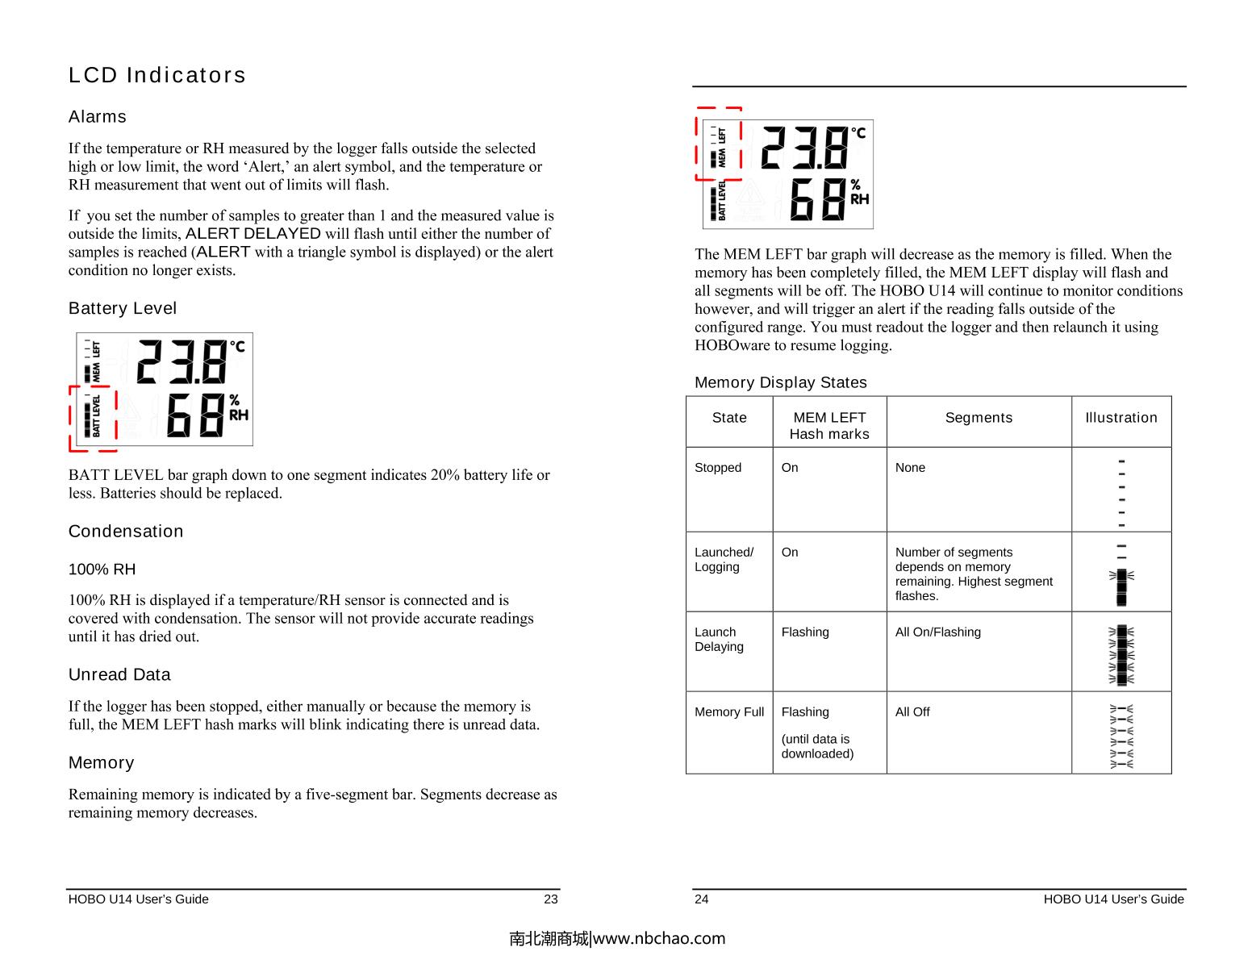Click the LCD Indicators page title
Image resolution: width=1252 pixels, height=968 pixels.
click(x=157, y=75)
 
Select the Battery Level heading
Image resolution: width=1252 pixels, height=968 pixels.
click(x=123, y=308)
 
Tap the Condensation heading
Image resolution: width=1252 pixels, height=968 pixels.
click(x=126, y=532)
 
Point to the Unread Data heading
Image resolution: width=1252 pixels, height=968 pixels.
click(x=119, y=674)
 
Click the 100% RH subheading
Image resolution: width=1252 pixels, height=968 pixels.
click(x=102, y=570)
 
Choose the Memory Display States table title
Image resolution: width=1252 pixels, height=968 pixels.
click(x=780, y=382)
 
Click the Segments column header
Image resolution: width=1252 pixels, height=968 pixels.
click(x=979, y=418)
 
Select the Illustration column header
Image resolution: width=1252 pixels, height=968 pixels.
click(x=1121, y=418)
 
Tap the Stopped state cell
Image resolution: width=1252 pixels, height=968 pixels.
click(x=717, y=468)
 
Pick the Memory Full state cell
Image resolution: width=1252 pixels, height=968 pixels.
click(x=728, y=712)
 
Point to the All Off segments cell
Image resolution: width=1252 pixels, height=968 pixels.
click(x=912, y=712)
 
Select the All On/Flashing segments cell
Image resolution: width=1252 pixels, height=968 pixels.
click(x=937, y=632)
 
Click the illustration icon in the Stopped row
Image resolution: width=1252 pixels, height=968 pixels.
click(x=1121, y=493)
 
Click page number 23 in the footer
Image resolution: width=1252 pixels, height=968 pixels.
click(x=550, y=899)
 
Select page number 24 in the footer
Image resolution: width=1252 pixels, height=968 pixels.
click(x=702, y=899)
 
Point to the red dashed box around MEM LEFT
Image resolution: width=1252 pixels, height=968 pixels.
click(x=719, y=144)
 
